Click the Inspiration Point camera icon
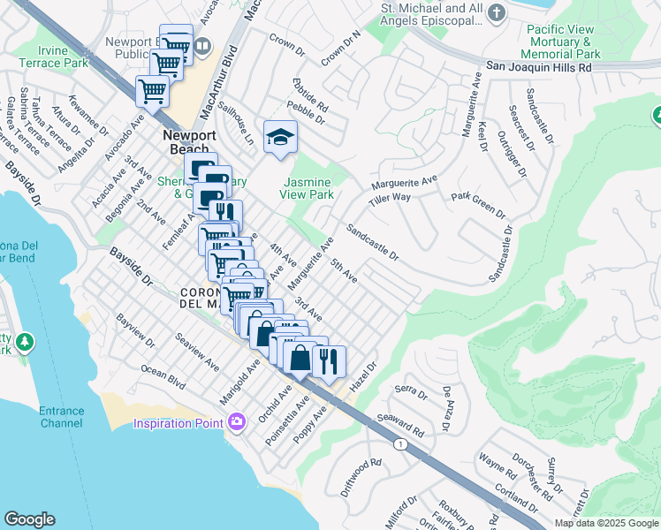(x=236, y=423)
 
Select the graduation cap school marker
(x=280, y=137)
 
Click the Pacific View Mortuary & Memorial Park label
(x=564, y=42)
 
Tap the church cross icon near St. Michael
(x=497, y=13)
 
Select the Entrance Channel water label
(x=61, y=417)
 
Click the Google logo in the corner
(x=29, y=519)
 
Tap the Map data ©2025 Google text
(x=606, y=523)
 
